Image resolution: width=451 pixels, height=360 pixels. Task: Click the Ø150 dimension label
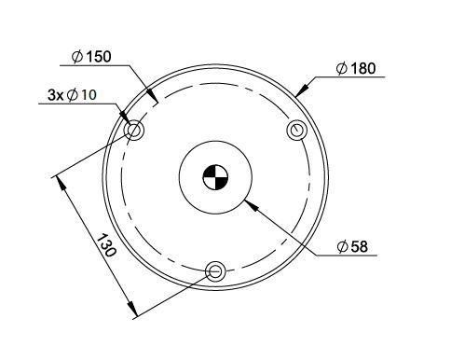click(91, 57)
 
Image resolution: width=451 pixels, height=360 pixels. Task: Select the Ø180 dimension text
click(356, 68)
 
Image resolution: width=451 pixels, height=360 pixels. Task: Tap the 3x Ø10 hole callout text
click(72, 95)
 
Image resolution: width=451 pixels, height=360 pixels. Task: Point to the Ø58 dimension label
click(352, 247)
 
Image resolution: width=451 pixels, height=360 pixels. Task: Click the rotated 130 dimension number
click(107, 244)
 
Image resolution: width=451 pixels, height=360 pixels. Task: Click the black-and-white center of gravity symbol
click(215, 177)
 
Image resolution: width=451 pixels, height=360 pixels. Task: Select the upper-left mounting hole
click(134, 130)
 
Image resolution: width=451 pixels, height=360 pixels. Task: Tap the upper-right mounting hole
click(297, 130)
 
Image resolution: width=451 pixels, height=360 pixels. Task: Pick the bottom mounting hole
click(215, 271)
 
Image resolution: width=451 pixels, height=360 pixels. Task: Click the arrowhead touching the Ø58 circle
click(252, 206)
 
